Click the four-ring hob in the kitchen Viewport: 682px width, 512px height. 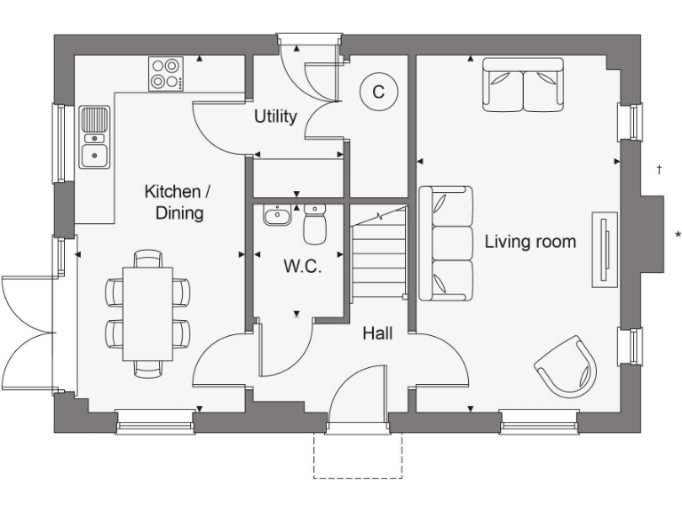click(166, 73)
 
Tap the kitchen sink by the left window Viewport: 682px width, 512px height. click(94, 138)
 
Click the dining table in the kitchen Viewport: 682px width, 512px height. click(147, 313)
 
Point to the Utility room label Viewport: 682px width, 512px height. click(275, 116)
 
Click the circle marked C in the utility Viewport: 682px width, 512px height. click(378, 92)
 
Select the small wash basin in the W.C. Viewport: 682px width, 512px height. click(277, 215)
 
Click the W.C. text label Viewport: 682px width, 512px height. click(302, 266)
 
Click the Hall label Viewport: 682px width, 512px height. click(377, 333)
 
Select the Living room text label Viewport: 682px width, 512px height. click(530, 241)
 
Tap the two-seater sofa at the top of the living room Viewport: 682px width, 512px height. click(523, 85)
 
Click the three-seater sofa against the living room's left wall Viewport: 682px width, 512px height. click(446, 244)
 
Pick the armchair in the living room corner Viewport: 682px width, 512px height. click(566, 365)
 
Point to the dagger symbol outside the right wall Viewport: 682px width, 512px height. click(658, 169)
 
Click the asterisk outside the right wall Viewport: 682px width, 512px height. click(678, 236)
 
